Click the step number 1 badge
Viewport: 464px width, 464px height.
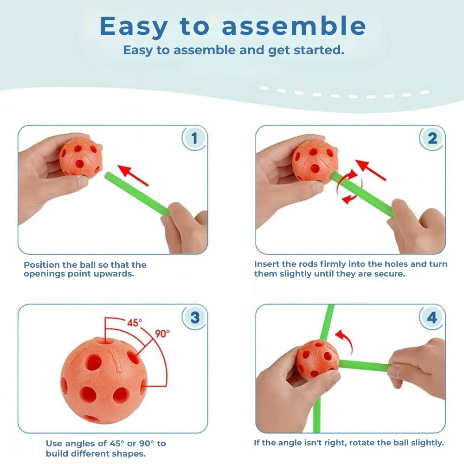194,138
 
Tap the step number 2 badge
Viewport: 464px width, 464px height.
432,138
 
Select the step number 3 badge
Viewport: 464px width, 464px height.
194,317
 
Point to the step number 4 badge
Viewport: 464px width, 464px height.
432,317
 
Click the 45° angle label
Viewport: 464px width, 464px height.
135,322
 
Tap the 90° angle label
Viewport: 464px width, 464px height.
162,334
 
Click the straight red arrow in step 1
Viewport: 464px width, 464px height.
133,175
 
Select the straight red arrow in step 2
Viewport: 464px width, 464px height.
370,170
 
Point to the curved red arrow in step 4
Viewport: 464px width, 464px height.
347,340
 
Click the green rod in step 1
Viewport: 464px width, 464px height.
137,193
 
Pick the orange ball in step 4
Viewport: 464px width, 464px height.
317,360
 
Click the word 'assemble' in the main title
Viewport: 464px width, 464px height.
294,26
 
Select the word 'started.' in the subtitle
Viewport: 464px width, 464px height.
319,50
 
